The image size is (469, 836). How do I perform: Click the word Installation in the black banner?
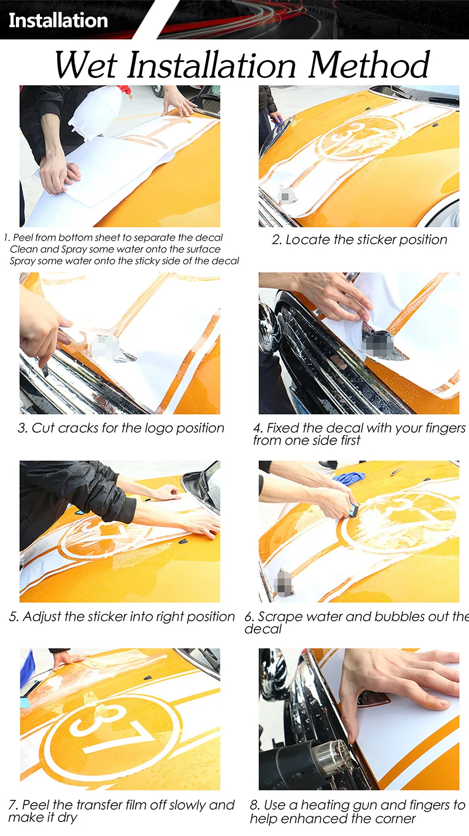tap(58, 20)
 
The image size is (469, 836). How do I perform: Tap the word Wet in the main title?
tap(85, 65)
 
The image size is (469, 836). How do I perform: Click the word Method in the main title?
tap(369, 65)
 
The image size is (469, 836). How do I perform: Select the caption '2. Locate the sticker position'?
tap(359, 240)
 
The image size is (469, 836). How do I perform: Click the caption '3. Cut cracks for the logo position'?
tap(121, 428)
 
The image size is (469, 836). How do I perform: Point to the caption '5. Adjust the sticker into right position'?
tap(122, 616)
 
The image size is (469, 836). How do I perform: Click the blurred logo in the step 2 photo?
tap(286, 196)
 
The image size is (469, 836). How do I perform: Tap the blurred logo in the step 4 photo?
tap(378, 345)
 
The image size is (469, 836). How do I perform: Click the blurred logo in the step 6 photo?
tap(282, 584)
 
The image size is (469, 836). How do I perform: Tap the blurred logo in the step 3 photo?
tap(103, 349)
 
